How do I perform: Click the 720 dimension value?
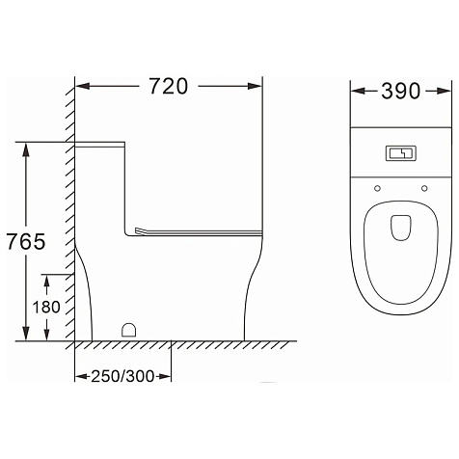point(169,86)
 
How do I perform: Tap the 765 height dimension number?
point(26,242)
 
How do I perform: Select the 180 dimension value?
point(46,307)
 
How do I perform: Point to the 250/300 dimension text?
point(122,376)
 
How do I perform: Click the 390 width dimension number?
point(401,91)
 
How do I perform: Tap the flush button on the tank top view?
point(401,153)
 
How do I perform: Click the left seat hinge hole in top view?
point(377,188)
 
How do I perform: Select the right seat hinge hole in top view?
point(424,188)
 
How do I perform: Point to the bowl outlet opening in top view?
point(401,228)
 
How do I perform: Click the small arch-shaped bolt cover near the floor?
point(129,330)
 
